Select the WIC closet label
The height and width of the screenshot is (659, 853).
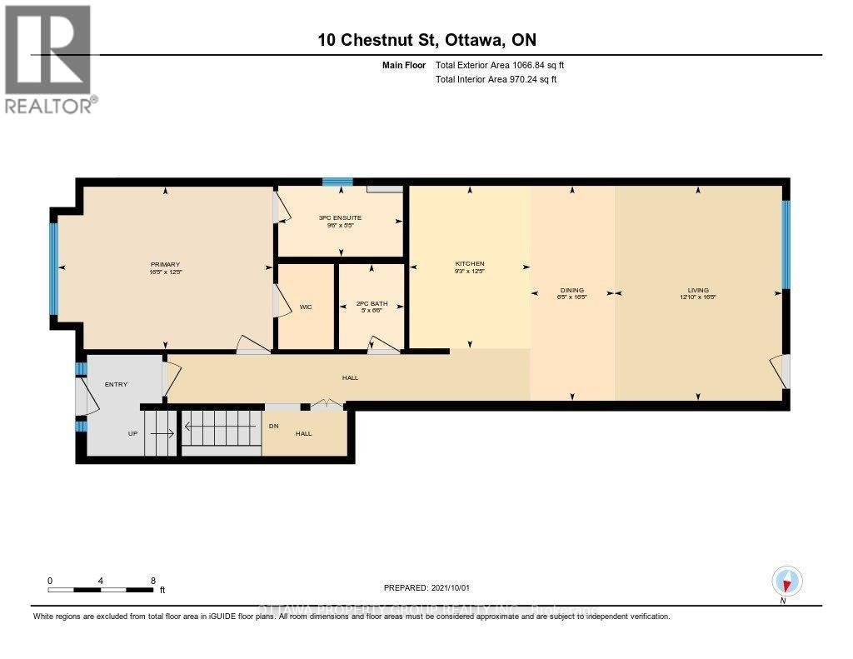(305, 307)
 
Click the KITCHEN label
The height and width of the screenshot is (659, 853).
(470, 264)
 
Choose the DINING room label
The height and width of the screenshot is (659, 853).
(571, 291)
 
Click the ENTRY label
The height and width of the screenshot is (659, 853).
(115, 384)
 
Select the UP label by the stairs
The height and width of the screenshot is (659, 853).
(132, 434)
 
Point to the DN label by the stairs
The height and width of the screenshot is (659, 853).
(273, 426)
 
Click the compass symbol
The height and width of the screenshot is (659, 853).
(786, 580)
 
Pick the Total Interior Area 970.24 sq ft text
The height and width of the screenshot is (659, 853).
(496, 79)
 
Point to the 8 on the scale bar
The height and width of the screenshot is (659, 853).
(152, 580)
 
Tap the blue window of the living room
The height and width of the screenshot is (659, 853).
(785, 243)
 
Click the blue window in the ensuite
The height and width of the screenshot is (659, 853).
(337, 182)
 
